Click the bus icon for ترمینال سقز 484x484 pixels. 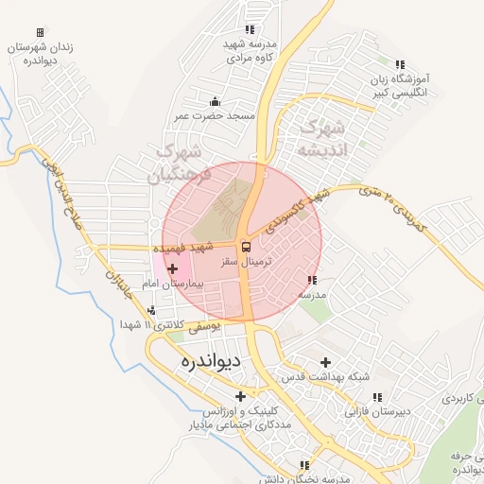247,248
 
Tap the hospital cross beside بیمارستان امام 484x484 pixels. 172,269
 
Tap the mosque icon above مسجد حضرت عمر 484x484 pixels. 215,101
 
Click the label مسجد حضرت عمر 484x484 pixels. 215,115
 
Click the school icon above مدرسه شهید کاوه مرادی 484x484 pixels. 249,29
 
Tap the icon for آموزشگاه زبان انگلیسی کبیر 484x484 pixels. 401,64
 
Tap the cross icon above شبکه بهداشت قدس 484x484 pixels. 326,362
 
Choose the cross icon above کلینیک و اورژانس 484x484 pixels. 241,396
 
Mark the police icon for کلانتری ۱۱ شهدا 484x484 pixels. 151,309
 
